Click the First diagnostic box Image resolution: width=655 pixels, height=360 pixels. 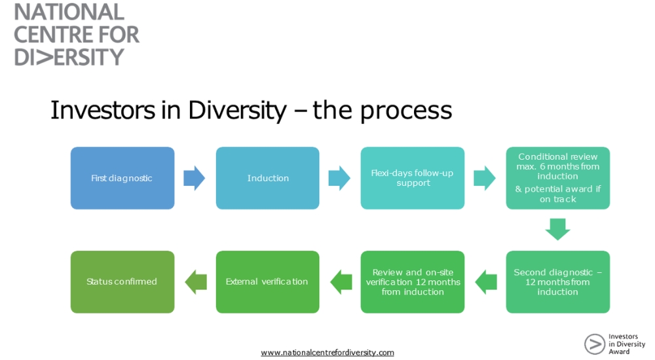coord(122,178)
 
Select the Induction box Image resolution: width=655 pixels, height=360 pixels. coord(268,178)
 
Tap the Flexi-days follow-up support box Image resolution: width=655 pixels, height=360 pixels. coord(413,178)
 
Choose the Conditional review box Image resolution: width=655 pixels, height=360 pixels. coord(558,178)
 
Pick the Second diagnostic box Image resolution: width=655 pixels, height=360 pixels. coord(558,282)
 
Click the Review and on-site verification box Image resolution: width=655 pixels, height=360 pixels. coord(413,282)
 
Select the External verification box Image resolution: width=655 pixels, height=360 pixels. coord(268,282)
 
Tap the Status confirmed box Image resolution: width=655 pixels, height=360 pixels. coord(122,282)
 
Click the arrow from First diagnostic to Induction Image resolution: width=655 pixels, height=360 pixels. coord(195,178)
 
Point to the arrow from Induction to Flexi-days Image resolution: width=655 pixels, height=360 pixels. coord(339,178)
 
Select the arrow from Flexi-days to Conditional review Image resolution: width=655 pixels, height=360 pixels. coord(485,178)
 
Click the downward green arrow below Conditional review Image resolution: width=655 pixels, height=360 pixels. coord(558,230)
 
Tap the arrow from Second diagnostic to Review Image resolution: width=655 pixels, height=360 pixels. coord(485,282)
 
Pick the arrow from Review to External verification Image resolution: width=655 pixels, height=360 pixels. coord(341,282)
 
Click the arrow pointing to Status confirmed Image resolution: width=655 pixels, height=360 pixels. coord(195,282)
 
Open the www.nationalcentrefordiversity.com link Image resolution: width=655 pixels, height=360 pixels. coord(327,353)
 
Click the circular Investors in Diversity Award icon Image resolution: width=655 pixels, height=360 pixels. coord(595,344)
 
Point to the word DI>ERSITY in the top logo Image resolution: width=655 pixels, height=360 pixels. coord(69,56)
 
